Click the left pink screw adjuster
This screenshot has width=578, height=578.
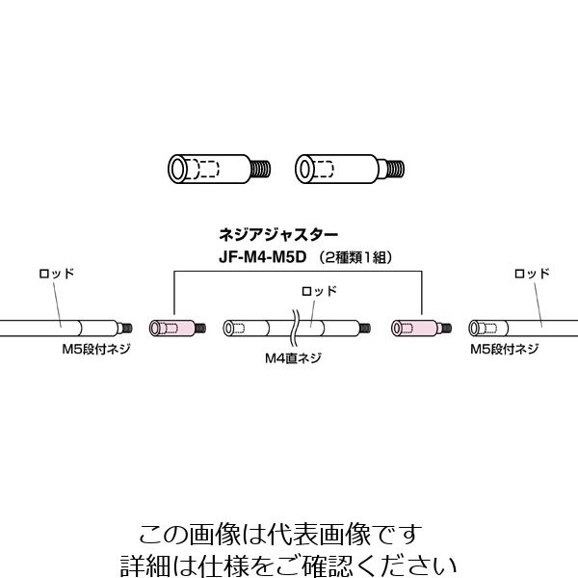(x=171, y=328)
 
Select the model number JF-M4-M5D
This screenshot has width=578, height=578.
(x=258, y=257)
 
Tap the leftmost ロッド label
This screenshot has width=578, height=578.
(x=56, y=274)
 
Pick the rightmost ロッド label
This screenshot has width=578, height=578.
(x=533, y=274)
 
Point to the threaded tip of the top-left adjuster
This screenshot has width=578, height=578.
(x=256, y=169)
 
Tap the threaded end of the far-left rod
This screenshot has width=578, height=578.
(x=124, y=328)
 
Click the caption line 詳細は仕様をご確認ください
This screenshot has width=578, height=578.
(x=290, y=563)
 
